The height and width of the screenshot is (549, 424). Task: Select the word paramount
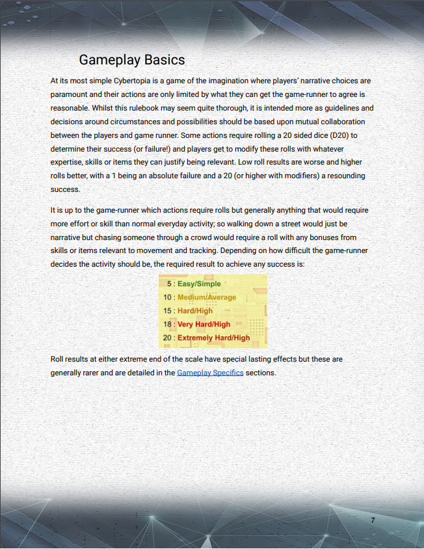73,94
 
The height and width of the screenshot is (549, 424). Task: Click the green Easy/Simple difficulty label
199,284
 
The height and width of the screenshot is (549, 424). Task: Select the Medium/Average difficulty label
207,297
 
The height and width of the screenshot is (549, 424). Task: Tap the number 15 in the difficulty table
168,311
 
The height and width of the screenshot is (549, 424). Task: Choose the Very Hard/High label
204,324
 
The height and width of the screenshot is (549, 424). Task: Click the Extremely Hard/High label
213,338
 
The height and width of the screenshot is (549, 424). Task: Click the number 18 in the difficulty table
168,324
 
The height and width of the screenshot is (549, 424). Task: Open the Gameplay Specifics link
210,373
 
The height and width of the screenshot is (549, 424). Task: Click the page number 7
373,520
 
